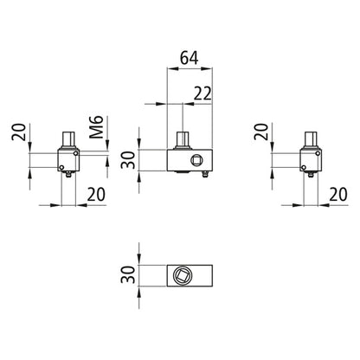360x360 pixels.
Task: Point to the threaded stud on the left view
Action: tap(67, 139)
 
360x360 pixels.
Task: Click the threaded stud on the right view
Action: tap(312, 139)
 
